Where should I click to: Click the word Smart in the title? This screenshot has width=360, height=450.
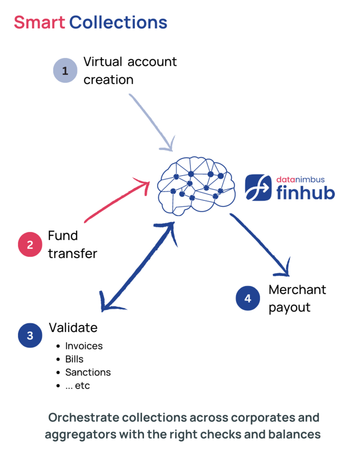(x=39, y=22)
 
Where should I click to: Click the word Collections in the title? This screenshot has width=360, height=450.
(x=118, y=22)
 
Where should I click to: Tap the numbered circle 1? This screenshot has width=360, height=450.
(x=65, y=71)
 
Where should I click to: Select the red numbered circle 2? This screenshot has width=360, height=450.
(x=30, y=244)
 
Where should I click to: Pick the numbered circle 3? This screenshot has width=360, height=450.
(x=30, y=335)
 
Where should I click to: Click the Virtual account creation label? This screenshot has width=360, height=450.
(x=129, y=70)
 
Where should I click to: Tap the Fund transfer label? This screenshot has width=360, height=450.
(x=72, y=244)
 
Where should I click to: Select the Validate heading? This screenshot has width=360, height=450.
(x=73, y=327)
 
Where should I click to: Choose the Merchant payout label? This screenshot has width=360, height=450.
(x=297, y=298)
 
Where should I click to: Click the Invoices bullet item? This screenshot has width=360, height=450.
(x=83, y=346)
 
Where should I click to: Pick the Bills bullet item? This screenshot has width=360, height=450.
(x=74, y=359)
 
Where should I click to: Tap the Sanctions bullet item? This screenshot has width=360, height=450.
(x=87, y=372)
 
